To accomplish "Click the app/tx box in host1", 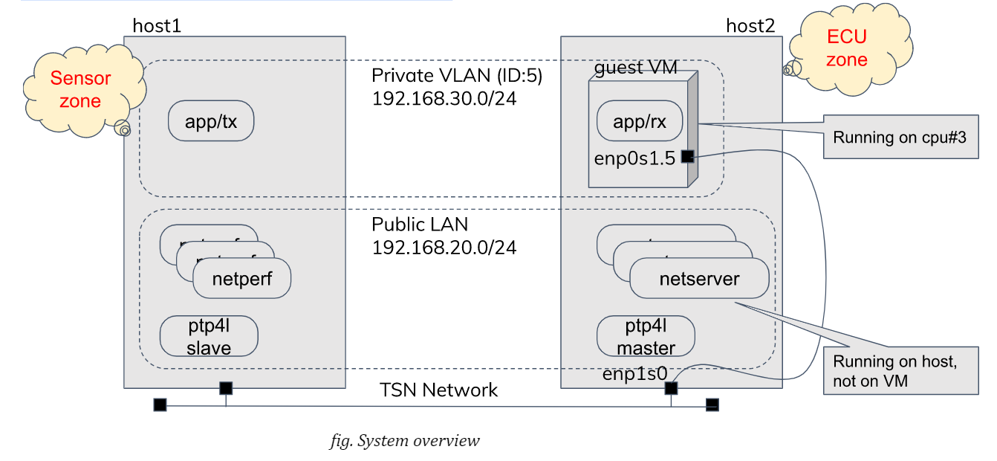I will [211, 120].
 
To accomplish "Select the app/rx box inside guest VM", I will [639, 121].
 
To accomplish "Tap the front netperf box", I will [241, 280].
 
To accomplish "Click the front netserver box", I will [699, 279].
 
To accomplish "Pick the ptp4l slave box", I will [209, 336].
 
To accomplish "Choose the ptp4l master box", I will [646, 336].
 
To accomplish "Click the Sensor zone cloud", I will [79, 91].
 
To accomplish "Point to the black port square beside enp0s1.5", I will [687, 157].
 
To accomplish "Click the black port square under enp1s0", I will [671, 387].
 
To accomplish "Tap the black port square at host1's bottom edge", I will [226, 387].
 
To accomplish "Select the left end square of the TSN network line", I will [160, 405].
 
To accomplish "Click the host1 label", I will [157, 26].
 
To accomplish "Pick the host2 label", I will [750, 26].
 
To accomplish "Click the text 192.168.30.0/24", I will [444, 98].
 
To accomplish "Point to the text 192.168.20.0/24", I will [444, 247].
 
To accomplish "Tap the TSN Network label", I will [438, 390].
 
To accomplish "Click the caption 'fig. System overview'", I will [405, 441].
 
